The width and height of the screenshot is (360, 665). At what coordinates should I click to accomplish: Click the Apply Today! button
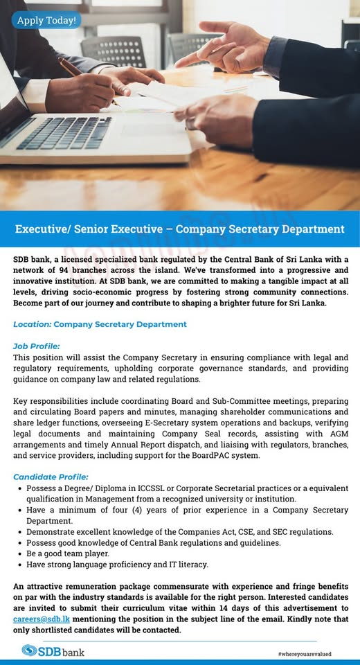[46, 20]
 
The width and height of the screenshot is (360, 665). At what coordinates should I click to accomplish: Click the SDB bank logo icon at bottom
[30, 650]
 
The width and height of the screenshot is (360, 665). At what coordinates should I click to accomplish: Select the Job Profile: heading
[37, 346]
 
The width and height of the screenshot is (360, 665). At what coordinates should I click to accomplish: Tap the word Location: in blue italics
[32, 324]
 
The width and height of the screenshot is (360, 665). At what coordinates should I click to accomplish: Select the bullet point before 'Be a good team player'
[19, 553]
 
